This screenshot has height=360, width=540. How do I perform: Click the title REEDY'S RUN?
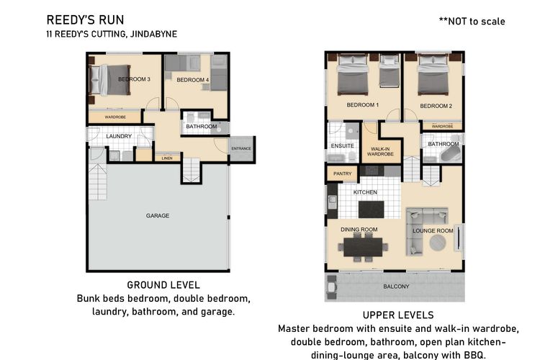tap(85, 20)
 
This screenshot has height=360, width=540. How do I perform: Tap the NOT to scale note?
tap(472, 22)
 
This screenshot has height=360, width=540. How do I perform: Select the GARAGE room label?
tap(158, 216)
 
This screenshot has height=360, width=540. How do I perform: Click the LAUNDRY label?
tap(119, 136)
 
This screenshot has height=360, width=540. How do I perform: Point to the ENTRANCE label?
tap(241, 148)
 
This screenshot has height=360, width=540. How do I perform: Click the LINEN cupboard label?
tap(167, 158)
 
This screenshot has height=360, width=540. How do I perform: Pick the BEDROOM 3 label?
tap(134, 79)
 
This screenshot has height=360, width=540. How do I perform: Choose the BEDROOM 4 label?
tap(193, 80)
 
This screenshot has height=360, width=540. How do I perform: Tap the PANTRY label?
tap(342, 174)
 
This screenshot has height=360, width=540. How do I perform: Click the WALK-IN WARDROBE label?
tap(380, 152)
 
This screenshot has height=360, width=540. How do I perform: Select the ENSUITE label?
tap(342, 145)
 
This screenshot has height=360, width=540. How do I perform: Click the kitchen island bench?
tap(372, 209)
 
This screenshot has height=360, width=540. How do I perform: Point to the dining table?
tap(363, 247)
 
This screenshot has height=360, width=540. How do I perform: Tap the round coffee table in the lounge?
tap(438, 243)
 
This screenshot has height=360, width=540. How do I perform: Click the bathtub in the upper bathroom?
tap(451, 155)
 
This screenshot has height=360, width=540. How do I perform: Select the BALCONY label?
tap(396, 287)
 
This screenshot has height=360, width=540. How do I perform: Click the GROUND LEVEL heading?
tap(163, 285)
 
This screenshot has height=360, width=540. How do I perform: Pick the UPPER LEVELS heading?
tap(398, 315)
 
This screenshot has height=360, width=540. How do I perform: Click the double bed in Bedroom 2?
tap(433, 75)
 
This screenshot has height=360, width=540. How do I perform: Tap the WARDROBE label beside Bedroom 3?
tap(115, 117)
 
